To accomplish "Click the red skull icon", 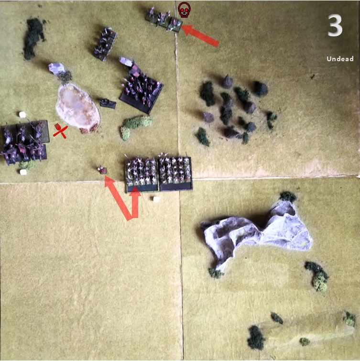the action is pos(184,10).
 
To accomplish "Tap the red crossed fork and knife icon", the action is pos(61,131).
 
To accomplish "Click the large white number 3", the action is pos(335,25).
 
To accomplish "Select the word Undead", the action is pos(340,59).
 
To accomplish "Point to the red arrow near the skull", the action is pos(200,36).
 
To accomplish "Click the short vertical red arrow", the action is pos(135,202).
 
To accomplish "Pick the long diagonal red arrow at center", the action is pos(118,198).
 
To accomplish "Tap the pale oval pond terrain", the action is pos(78,107).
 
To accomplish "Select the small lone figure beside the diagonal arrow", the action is pos(102,170).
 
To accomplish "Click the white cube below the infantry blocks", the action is pos(156,199).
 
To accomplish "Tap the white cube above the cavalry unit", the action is pos(22,114).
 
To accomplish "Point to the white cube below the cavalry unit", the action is pos(23,172).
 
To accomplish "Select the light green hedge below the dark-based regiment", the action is pos(136,126).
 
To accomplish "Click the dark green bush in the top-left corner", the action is pos(34,37).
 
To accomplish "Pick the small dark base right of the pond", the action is pos(108,103).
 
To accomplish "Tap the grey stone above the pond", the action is pos(56,69).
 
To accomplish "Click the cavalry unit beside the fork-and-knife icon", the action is pos(24,142).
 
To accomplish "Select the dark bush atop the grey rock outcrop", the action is pos(288,197).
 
